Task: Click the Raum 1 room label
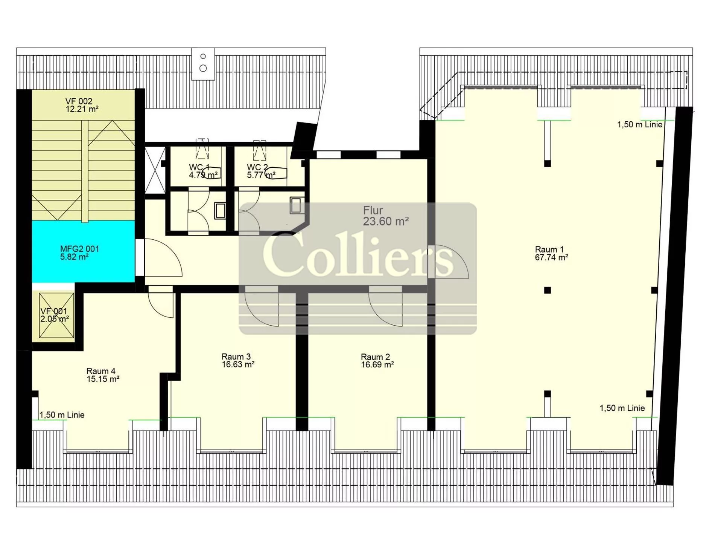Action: click(x=549, y=249)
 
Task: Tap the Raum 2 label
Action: click(x=376, y=357)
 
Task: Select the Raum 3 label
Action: click(x=236, y=356)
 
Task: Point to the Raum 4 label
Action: click(x=101, y=371)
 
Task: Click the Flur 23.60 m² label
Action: click(x=386, y=216)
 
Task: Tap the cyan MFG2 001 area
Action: click(x=83, y=251)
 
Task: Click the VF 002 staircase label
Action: click(x=79, y=101)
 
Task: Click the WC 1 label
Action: click(x=199, y=167)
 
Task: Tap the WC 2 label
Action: click(x=257, y=167)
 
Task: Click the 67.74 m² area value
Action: click(x=551, y=258)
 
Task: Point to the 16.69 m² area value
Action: click(x=377, y=365)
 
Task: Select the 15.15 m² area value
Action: click(x=103, y=379)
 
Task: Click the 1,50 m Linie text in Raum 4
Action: click(x=62, y=415)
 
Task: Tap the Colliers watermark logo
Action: click(x=358, y=268)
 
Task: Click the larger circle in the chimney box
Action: click(x=203, y=68)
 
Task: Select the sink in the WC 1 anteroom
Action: click(x=220, y=210)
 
